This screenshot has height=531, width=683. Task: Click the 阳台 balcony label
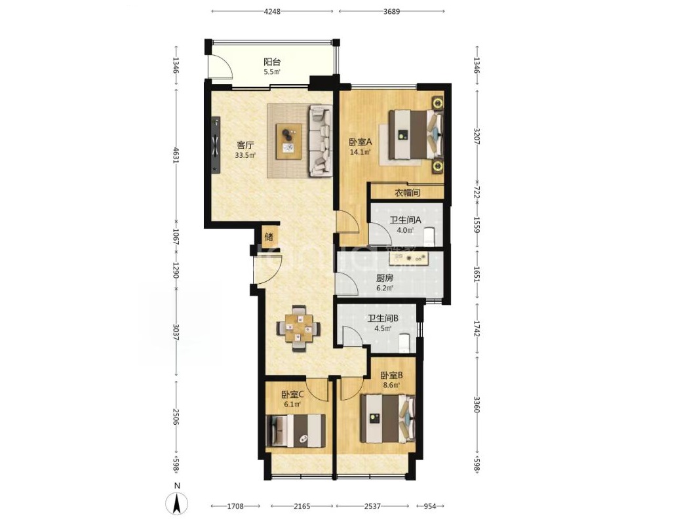(x=272, y=62)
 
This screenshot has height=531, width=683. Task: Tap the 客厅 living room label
(x=244, y=145)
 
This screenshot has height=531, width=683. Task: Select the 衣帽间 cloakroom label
(x=407, y=193)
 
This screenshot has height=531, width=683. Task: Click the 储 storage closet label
(x=269, y=237)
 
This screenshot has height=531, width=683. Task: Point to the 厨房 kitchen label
(x=384, y=278)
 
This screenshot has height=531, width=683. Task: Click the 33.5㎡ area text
(x=244, y=155)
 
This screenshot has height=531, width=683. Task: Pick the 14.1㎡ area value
(x=361, y=152)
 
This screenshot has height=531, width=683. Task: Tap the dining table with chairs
(x=298, y=328)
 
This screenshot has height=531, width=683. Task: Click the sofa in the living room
(x=321, y=140)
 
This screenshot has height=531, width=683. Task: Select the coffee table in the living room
(x=289, y=140)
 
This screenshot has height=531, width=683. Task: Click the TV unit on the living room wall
(x=215, y=144)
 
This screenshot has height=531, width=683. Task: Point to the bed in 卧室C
(x=296, y=431)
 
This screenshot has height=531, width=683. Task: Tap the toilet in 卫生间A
(x=430, y=236)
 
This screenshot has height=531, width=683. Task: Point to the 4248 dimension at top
(x=272, y=11)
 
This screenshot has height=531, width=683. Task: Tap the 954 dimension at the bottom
(x=429, y=506)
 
